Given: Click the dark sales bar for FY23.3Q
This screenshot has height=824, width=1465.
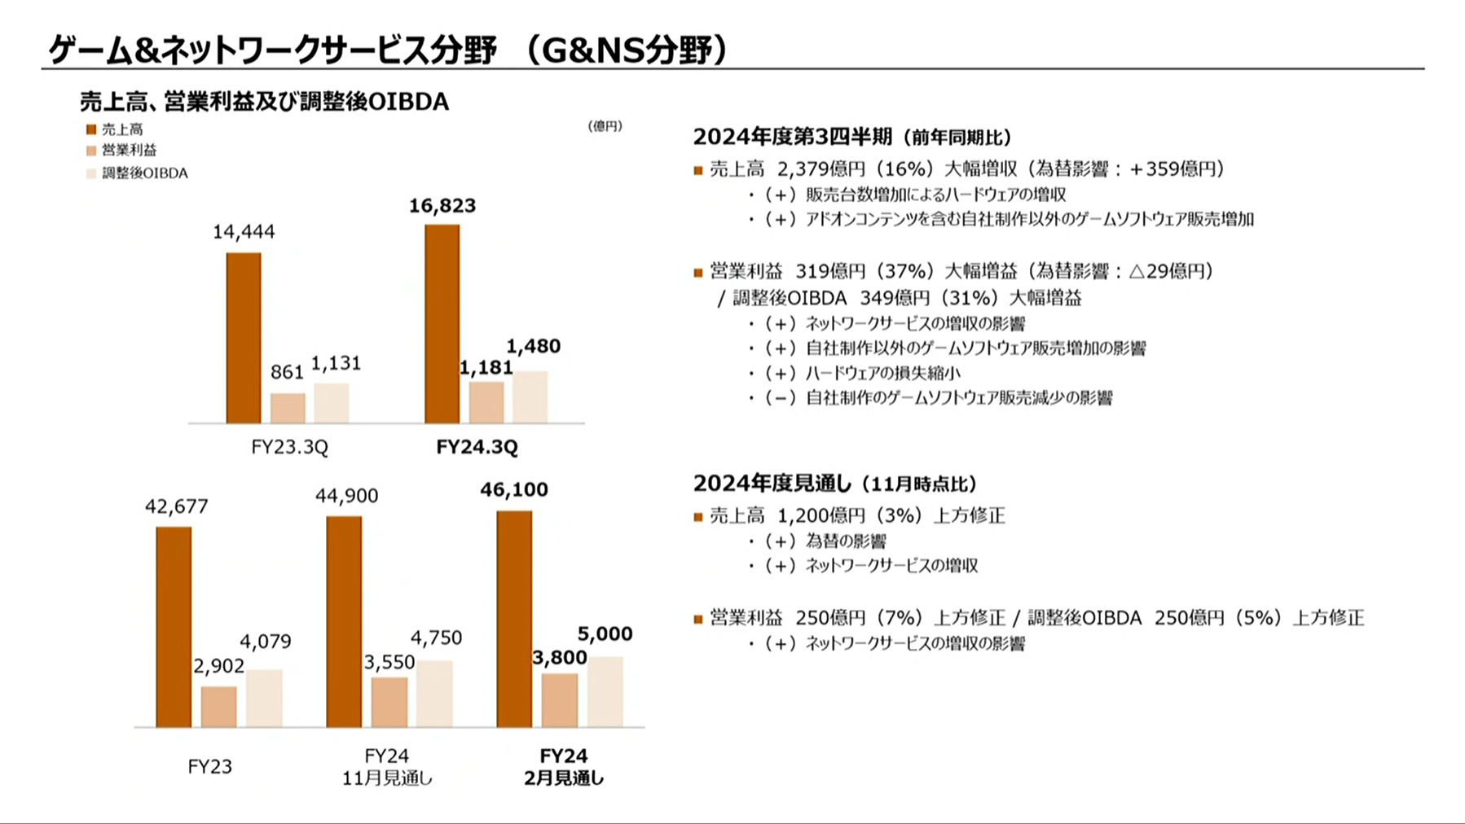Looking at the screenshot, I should click(x=244, y=338).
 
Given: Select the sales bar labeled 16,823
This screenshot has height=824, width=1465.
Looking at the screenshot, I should click(x=442, y=324).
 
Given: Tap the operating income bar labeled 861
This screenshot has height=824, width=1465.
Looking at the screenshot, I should click(x=288, y=408).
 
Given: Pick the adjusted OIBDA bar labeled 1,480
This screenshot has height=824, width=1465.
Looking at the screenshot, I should click(x=530, y=397).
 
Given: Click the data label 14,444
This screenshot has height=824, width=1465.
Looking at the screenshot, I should click(x=244, y=232).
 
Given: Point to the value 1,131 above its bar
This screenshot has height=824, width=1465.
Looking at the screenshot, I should click(x=336, y=363).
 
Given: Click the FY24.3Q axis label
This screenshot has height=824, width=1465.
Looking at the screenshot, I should click(x=477, y=447).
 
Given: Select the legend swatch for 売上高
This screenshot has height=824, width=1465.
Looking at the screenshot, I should click(x=91, y=129).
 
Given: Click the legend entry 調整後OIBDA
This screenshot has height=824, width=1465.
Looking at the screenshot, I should click(x=144, y=173).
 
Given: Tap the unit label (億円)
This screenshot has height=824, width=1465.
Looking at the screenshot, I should click(x=605, y=126).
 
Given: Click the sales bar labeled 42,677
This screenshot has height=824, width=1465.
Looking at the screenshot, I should click(x=174, y=627).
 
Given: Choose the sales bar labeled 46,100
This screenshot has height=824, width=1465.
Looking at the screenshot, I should click(x=514, y=619).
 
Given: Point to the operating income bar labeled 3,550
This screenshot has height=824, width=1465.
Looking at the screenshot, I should click(x=389, y=702).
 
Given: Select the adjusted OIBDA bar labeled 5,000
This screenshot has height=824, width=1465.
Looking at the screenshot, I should click(x=605, y=692).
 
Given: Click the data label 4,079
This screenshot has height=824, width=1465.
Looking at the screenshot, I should click(x=265, y=642).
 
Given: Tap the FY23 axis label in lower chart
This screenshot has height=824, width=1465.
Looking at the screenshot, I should click(x=209, y=767).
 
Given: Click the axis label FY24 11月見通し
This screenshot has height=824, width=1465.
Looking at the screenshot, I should click(x=387, y=767).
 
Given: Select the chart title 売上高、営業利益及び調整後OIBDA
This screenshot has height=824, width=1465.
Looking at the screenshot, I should click(x=264, y=102).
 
